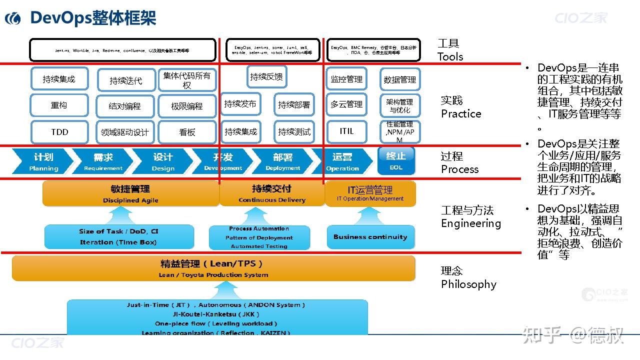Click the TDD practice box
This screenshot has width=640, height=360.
[59, 132]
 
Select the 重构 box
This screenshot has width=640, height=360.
[59, 105]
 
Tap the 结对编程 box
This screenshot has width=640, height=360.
[125, 106]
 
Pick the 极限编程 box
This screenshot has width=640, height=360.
[187, 106]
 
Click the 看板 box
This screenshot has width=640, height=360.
[187, 132]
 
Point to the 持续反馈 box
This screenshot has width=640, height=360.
[266, 77]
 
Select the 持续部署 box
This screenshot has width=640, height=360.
[294, 104]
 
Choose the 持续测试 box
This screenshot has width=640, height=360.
[294, 132]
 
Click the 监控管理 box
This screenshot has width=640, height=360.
[346, 79]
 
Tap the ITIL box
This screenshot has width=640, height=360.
[346, 131]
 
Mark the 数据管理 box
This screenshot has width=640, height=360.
[399, 79]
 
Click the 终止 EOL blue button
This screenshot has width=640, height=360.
[396, 160]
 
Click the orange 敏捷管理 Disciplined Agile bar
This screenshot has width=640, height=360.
[130, 194]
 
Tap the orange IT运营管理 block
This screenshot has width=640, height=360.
[370, 193]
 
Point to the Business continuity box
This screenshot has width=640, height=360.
[370, 237]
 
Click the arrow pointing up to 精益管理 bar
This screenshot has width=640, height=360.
[225, 290]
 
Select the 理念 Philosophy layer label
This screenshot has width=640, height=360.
[468, 277]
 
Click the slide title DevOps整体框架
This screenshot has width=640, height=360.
[93, 18]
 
